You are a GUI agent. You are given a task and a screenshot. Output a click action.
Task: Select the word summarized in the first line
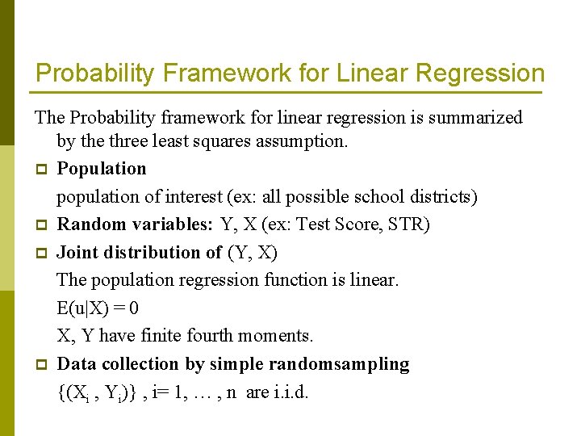click(476, 118)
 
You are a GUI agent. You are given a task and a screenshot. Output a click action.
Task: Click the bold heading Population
click(102, 169)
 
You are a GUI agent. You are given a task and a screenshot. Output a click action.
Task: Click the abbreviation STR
click(411, 224)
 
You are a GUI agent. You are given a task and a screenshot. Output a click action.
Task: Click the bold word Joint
click(78, 253)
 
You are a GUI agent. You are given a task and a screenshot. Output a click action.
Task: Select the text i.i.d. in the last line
click(290, 393)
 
